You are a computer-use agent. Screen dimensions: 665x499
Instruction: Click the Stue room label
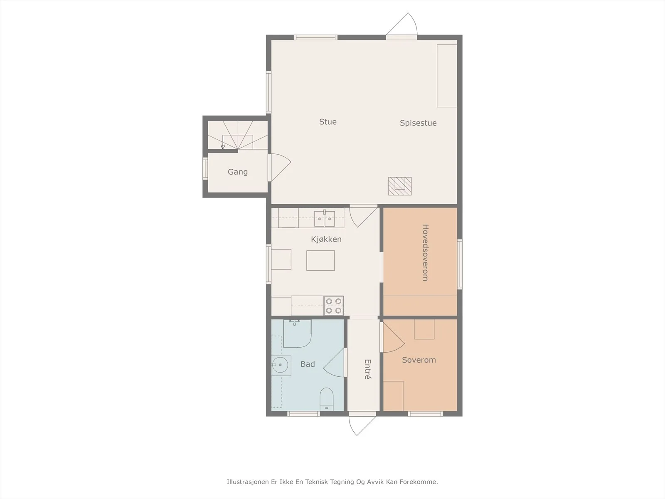pos(328,122)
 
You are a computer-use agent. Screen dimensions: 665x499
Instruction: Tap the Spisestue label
pos(418,123)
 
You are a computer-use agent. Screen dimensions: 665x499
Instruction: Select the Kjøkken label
pos(326,240)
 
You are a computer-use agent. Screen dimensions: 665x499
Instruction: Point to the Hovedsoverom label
pos(425,253)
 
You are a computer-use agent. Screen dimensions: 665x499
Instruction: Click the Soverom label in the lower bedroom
pos(419,360)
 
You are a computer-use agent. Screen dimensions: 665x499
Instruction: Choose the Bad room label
pos(308,364)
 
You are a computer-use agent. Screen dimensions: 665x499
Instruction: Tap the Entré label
pos(367,369)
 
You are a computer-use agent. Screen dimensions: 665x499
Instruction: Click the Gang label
pos(238,172)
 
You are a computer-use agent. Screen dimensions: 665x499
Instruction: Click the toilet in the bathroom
pos(327,399)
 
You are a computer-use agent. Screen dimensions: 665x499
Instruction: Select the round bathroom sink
pos(281,366)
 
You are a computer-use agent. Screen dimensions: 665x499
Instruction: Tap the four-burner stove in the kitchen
pos(334,306)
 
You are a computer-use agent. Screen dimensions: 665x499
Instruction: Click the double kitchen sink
pos(325,219)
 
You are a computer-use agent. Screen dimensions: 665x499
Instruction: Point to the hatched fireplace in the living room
pos(400,186)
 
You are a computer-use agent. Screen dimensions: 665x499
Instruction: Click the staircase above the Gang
pos(238,135)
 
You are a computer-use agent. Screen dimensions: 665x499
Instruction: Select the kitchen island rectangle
pos(320,261)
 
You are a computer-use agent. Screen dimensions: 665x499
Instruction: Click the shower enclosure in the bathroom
pos(297,333)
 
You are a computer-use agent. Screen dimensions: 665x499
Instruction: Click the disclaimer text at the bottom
pos(332,482)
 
